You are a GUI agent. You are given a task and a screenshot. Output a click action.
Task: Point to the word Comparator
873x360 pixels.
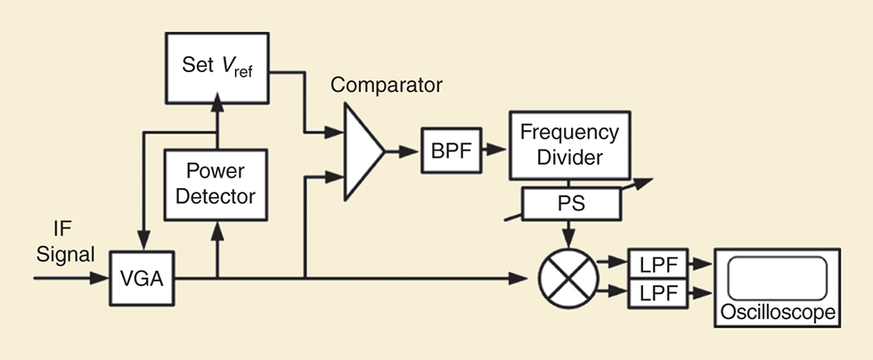pos(387,86)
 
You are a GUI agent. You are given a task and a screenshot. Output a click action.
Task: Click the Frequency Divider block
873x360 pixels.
pos(570,145)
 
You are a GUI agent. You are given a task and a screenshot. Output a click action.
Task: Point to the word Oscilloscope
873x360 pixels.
pos(779,313)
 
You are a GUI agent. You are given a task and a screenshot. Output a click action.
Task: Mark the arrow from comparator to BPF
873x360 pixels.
pos(406,151)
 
